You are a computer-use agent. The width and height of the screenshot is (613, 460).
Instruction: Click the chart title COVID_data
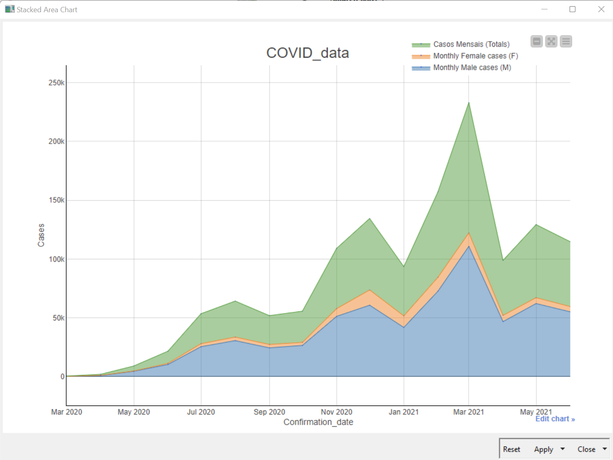pos(307,53)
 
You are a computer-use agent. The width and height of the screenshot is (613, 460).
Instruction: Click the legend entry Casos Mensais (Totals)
pos(471,44)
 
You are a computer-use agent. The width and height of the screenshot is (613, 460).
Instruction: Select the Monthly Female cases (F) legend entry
pos(475,56)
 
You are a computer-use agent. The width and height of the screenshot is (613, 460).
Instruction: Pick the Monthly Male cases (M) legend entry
pos(472,68)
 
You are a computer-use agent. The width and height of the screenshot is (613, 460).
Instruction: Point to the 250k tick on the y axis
pos(56,83)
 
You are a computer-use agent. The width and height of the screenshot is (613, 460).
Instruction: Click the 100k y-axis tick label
pos(56,259)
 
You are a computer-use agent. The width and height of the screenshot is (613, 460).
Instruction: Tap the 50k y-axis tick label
pos(58,318)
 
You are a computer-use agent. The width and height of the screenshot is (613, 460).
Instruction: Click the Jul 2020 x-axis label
pos(201,412)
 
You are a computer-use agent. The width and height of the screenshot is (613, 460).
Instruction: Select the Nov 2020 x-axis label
pos(336,412)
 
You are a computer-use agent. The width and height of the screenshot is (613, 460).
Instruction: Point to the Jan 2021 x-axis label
pos(403,412)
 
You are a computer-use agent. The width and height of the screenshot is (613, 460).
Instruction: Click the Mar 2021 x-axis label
pos(469,412)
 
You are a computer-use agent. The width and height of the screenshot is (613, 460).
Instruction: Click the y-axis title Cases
pos(41,235)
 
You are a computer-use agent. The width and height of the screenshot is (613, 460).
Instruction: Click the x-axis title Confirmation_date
pos(318,422)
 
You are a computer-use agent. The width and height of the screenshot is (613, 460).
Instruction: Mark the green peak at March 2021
pos(469,103)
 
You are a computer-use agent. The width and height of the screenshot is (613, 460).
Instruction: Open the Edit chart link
pos(555,419)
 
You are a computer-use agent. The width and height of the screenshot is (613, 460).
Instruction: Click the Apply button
pos(543,449)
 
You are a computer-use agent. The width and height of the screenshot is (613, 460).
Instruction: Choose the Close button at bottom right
pos(586,449)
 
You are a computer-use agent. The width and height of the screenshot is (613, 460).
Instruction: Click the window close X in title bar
pos(601,9)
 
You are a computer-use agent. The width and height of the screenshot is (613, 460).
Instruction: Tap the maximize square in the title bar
pos(572,9)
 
